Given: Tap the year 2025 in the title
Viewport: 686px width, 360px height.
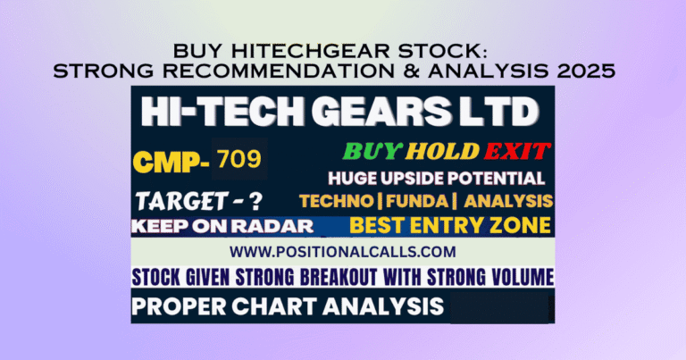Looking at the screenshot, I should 590,71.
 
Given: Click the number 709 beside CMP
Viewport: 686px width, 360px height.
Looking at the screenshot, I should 238,161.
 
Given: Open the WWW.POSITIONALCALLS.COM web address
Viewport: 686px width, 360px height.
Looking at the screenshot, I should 343,251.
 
